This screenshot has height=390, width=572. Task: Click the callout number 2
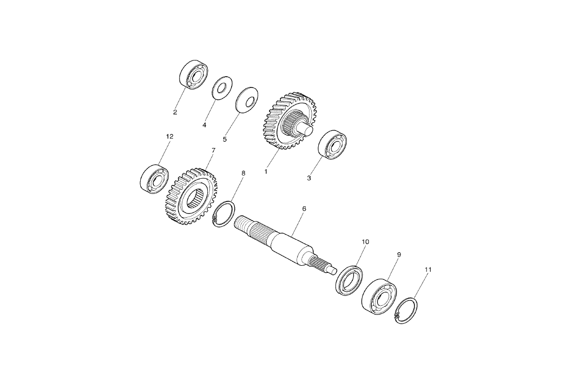[x=175, y=113]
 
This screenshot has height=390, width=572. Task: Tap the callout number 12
[x=169, y=137]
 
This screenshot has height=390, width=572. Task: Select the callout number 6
[x=304, y=208]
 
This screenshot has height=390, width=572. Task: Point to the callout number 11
[x=428, y=268]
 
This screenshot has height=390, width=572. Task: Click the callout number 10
[x=365, y=241]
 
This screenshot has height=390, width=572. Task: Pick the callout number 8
[x=243, y=173]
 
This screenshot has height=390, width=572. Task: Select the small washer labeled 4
[x=222, y=87]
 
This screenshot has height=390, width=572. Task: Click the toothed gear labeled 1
[x=281, y=122]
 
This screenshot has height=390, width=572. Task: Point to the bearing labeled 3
[x=332, y=144]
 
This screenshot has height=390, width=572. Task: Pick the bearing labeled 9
[x=379, y=294]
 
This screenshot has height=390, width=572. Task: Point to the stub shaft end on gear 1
[x=307, y=129]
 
